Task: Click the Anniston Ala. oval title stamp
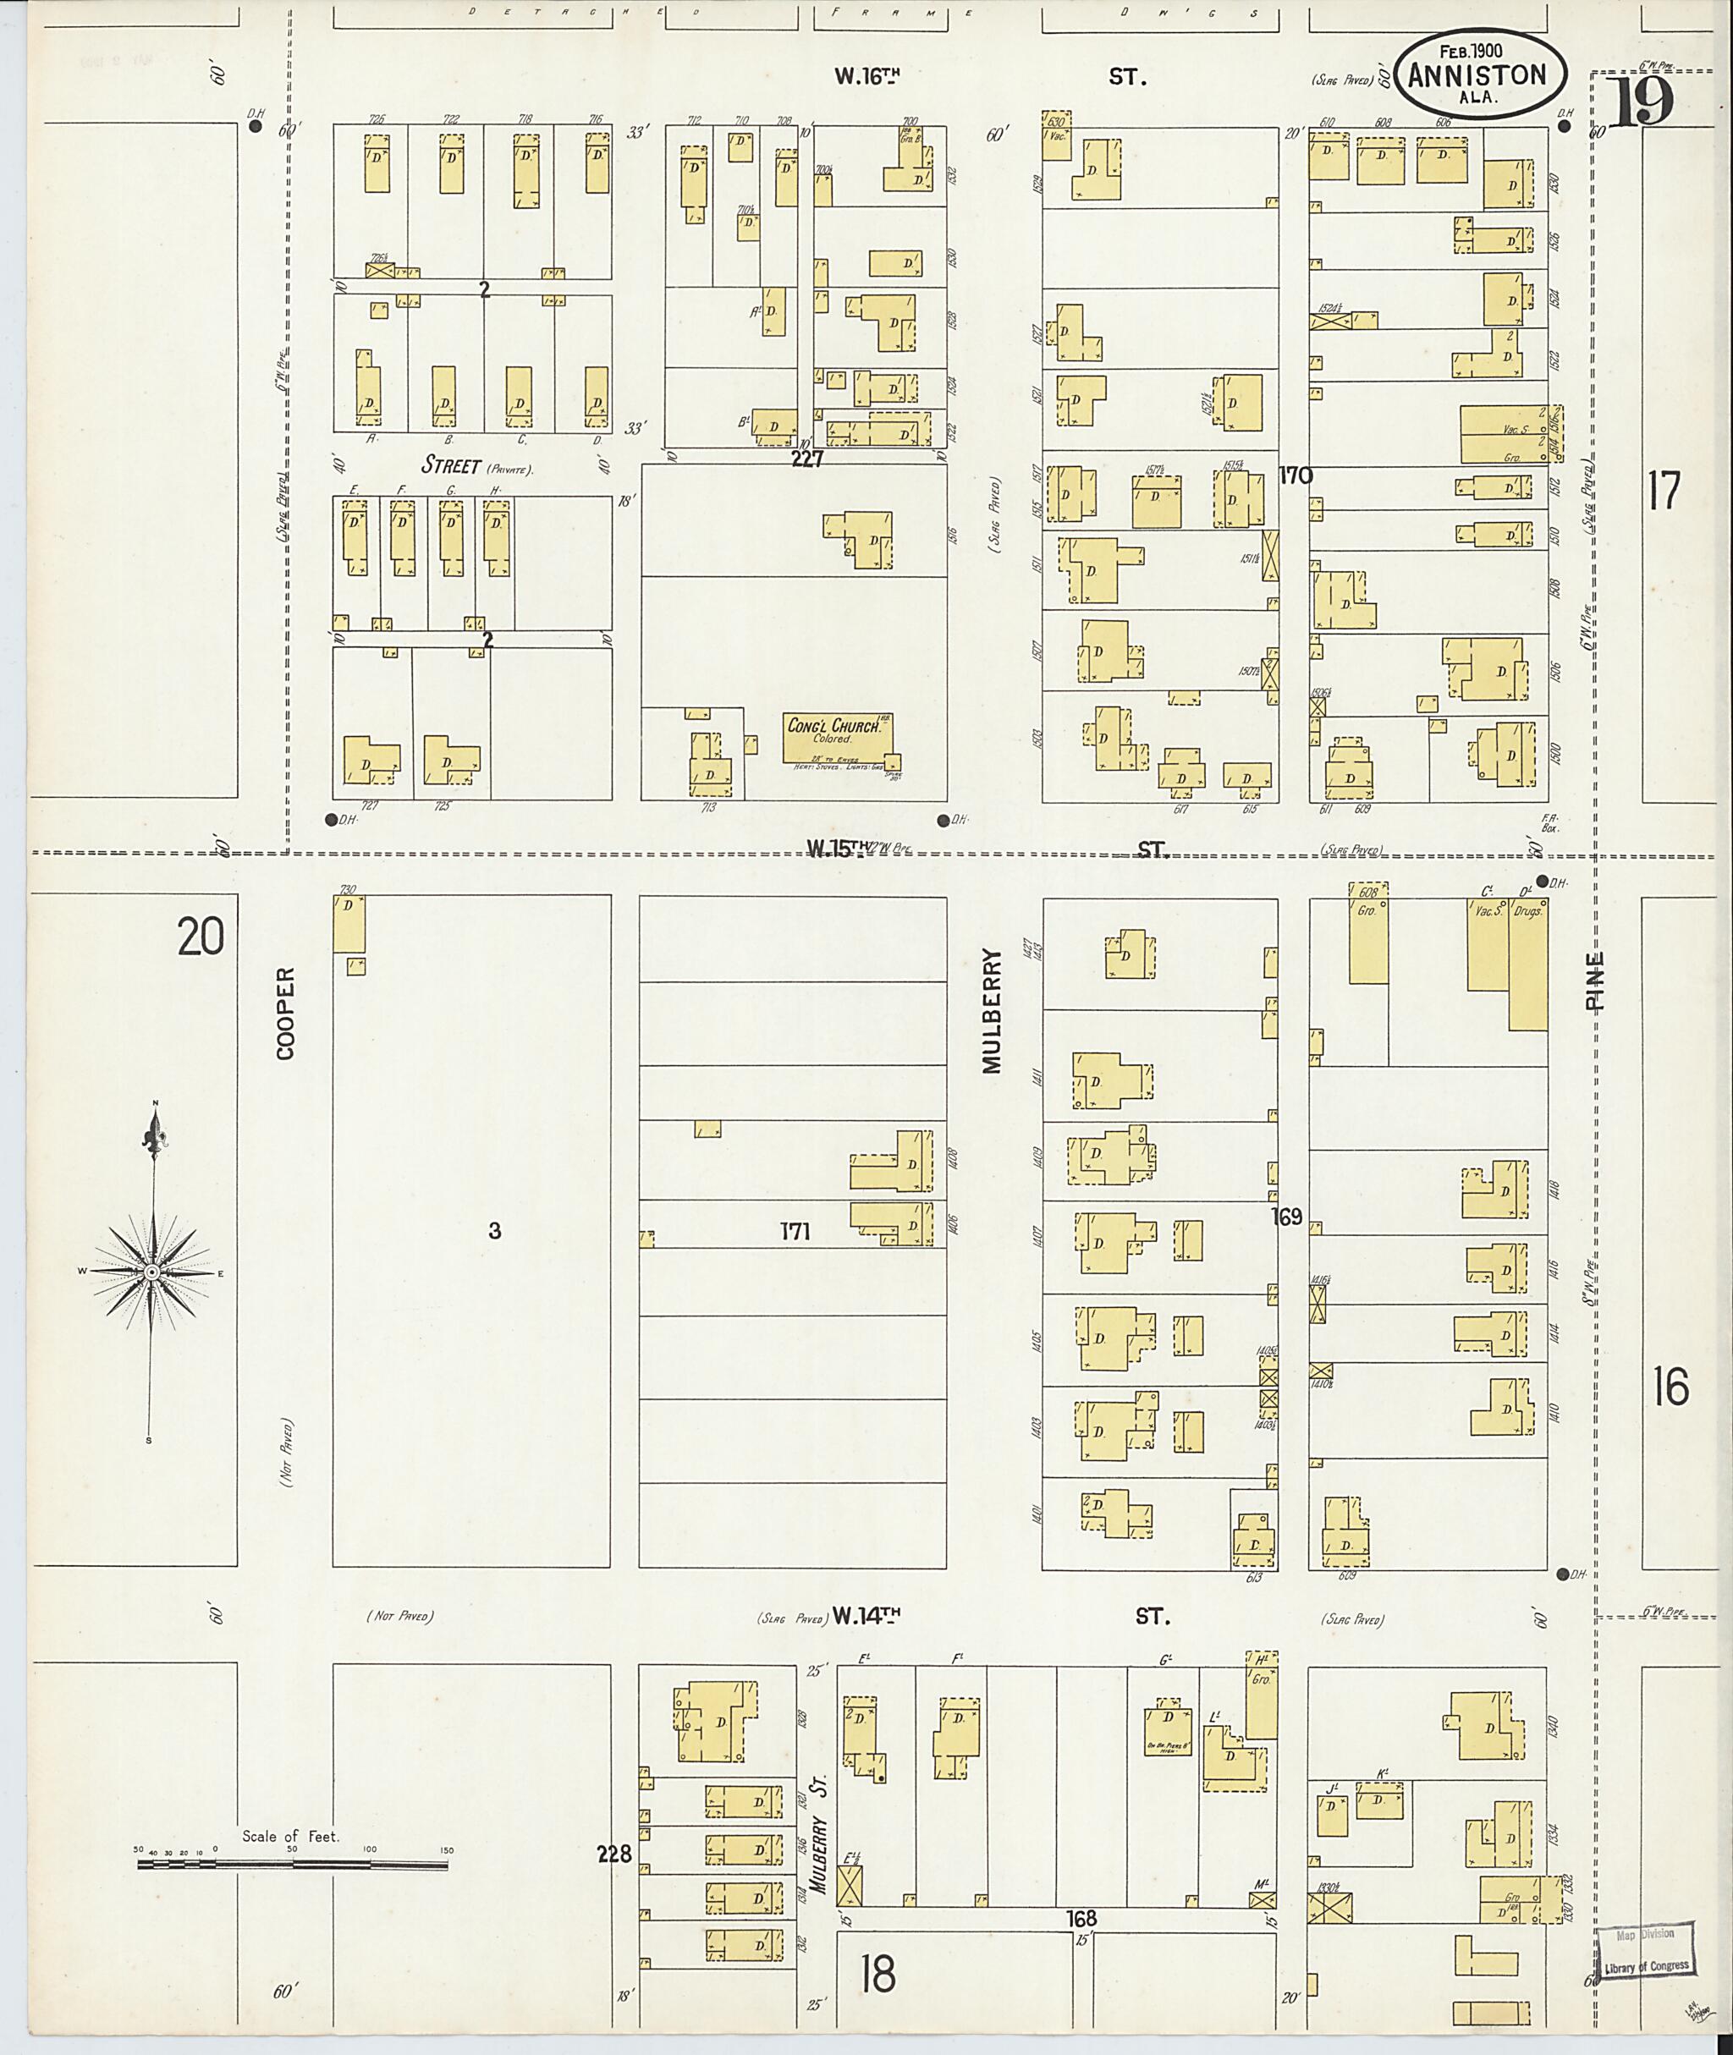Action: click(x=1477, y=75)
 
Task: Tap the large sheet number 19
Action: click(x=1643, y=104)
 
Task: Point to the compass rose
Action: click(x=152, y=1272)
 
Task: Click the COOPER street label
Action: click(x=285, y=1013)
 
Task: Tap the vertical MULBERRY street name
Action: click(x=990, y=1011)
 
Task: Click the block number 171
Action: click(x=795, y=1231)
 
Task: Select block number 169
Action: click(x=1286, y=1217)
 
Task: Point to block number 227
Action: click(x=806, y=459)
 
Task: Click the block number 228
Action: click(x=614, y=1854)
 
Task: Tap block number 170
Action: click(x=1296, y=476)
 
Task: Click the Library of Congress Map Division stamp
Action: click(x=1646, y=1950)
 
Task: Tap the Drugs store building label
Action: click(x=1530, y=910)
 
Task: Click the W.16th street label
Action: click(x=867, y=77)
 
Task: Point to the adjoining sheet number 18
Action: click(x=878, y=1972)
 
